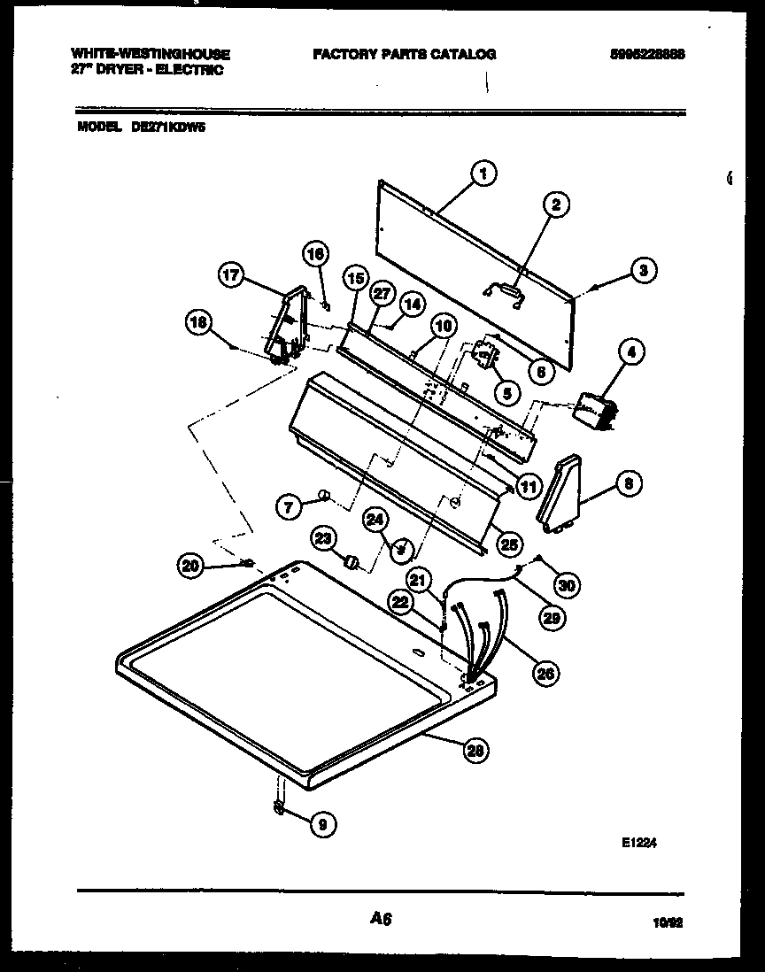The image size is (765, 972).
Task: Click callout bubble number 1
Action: tap(482, 174)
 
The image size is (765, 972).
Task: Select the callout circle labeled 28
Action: tap(475, 751)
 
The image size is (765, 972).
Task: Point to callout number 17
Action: tap(231, 275)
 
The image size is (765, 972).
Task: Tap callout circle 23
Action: tap(324, 538)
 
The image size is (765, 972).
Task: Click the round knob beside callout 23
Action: tap(352, 562)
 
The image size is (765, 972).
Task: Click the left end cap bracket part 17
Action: tap(290, 326)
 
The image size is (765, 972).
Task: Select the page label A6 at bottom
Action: tap(381, 920)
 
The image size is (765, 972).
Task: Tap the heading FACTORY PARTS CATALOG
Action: tap(405, 55)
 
